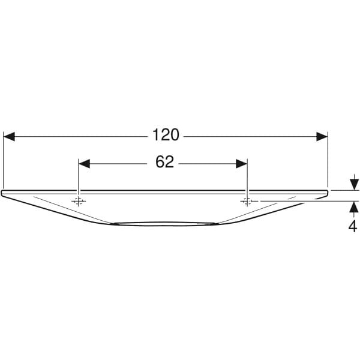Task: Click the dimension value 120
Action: point(166,136)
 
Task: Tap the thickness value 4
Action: point(353,226)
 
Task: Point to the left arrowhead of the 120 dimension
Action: point(9,136)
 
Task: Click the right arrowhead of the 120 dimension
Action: point(322,136)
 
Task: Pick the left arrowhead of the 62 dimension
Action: point(84,164)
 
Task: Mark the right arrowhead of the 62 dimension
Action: point(242,164)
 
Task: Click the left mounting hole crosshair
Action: point(78,201)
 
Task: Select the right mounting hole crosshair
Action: point(247,201)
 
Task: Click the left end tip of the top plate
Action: point(3,193)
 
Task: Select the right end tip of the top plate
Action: point(328,193)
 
